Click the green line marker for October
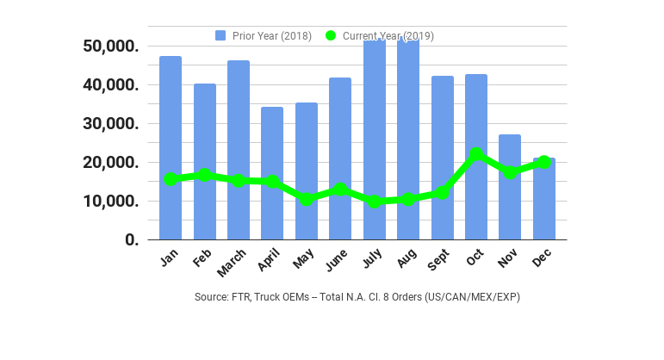pyautogui.click(x=476, y=155)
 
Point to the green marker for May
pyautogui.click(x=307, y=199)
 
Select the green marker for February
pyautogui.click(x=205, y=176)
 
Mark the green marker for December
pyautogui.click(x=543, y=162)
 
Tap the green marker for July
pyautogui.click(x=375, y=202)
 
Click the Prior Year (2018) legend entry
pyautogui.click(x=264, y=35)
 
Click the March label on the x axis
pyautogui.click(x=233, y=264)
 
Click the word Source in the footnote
pyautogui.click(x=212, y=297)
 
